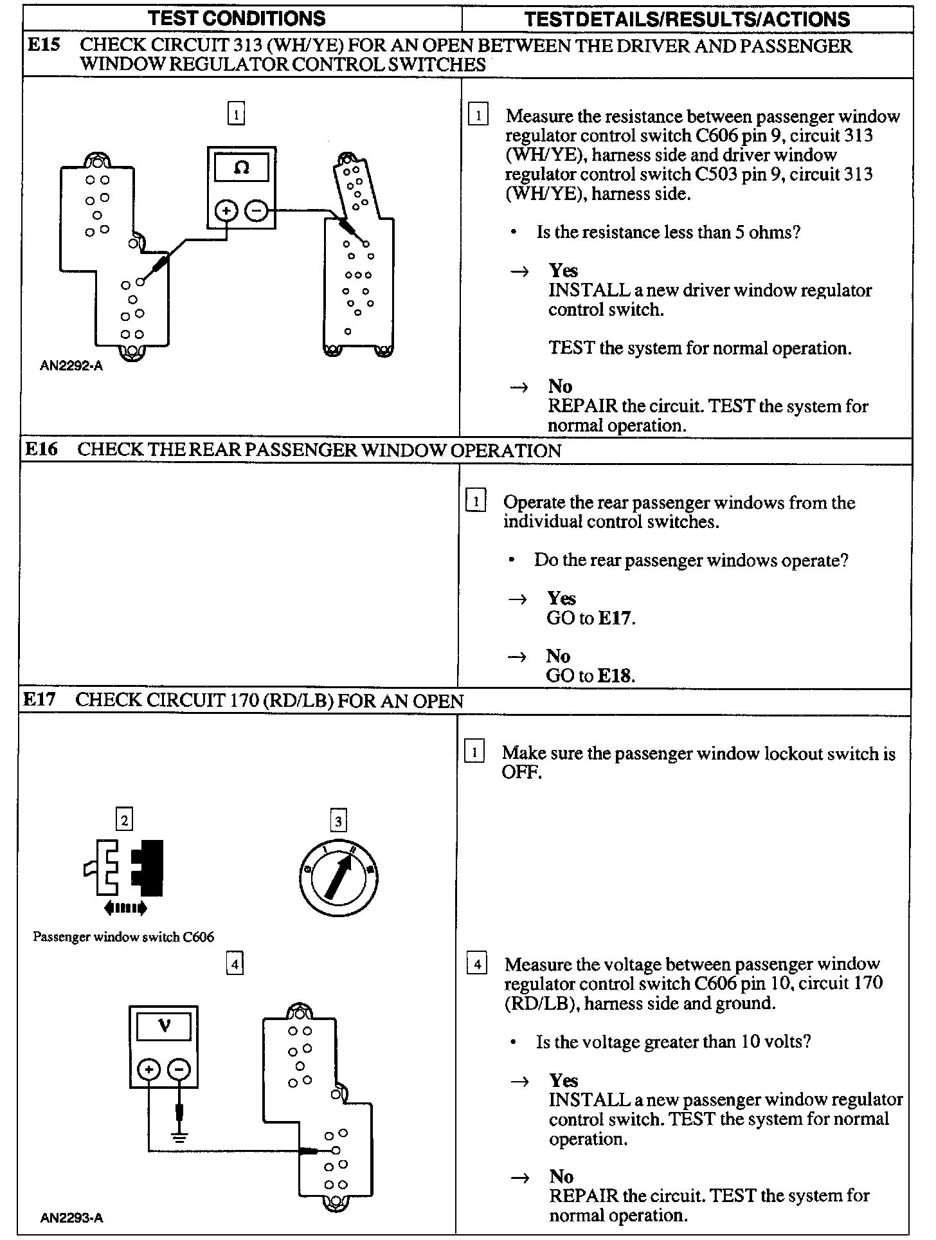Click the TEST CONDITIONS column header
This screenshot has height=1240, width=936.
237,19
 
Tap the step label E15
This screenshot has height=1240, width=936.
44,46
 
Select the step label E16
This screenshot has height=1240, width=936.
42,450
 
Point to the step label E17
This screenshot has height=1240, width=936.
40,700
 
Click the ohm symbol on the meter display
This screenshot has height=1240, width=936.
242,169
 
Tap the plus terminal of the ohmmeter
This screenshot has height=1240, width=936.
226,211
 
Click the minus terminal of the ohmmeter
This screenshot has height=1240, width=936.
256,210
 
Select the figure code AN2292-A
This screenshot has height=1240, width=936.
71,367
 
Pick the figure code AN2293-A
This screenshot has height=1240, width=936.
71,1217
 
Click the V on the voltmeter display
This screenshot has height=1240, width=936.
165,1026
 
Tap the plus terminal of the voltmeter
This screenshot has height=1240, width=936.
148,1070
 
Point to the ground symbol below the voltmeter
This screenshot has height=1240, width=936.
180,1137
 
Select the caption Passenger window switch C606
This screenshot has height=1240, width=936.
123,936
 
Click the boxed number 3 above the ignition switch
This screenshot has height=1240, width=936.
338,821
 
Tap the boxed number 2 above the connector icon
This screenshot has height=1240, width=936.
125,819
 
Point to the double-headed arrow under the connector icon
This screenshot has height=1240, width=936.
125,908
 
